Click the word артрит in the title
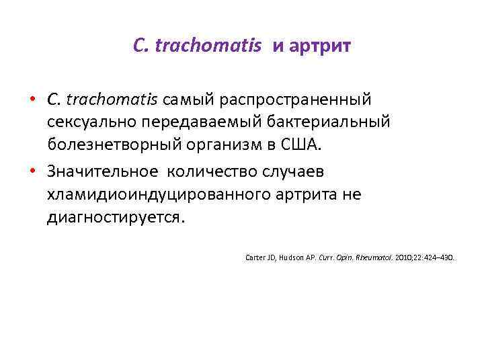pos(321,46)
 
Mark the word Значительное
pos(101,171)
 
